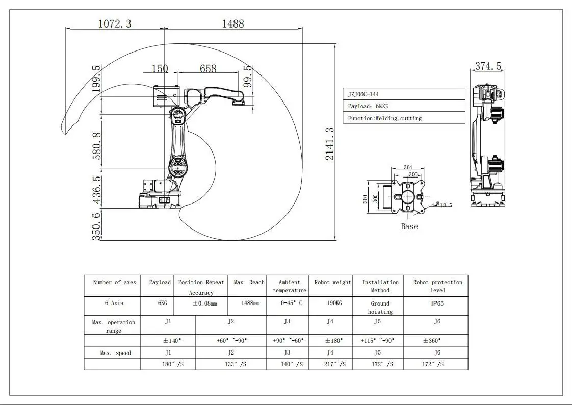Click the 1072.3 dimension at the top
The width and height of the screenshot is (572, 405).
[114, 23]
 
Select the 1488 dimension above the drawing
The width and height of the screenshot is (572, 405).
[232, 23]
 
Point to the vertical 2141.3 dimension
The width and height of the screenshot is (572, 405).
[330, 144]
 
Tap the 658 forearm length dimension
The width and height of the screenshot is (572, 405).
[208, 68]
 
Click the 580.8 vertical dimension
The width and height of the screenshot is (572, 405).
[96, 146]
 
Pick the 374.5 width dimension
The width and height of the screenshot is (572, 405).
[488, 66]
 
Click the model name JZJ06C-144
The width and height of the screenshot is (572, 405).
[363, 94]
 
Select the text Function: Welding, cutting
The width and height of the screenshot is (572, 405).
[385, 118]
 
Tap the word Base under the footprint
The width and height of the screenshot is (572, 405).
[409, 226]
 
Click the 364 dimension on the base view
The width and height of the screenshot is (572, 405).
[408, 167]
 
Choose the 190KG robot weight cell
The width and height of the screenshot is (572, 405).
[330, 303]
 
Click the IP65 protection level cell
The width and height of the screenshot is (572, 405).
[437, 303]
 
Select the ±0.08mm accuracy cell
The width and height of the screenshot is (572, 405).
[201, 303]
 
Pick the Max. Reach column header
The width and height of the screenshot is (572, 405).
[249, 282]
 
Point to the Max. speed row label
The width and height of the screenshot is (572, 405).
[115, 353]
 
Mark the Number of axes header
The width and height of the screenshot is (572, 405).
[114, 282]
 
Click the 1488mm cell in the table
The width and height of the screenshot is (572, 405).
[250, 303]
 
